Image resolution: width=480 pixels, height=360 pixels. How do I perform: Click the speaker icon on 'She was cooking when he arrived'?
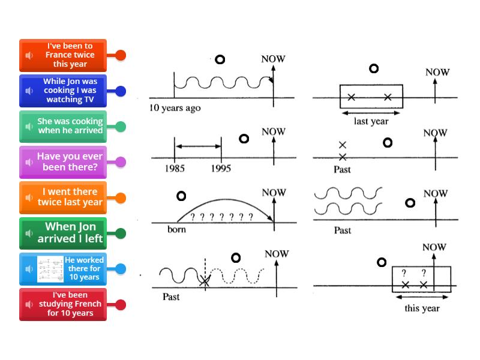[28, 127]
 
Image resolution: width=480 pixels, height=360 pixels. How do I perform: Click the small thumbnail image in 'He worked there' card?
[50, 269]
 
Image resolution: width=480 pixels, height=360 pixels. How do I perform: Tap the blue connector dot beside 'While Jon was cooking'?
[121, 91]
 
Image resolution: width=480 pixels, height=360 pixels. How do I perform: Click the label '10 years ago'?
[175, 109]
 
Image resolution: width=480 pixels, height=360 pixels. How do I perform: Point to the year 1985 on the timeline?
[175, 169]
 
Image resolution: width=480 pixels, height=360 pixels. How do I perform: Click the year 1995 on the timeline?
[221, 169]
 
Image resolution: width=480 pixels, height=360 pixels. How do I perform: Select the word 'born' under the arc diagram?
[176, 229]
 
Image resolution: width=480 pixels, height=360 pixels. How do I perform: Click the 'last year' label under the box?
[371, 121]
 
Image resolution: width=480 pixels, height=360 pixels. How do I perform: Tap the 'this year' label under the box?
[422, 308]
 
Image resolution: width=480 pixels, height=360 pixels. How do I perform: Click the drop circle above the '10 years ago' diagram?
[220, 59]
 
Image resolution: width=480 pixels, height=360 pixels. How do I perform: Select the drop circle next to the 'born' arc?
[181, 196]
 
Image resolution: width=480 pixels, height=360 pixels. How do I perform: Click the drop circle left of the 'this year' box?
[381, 262]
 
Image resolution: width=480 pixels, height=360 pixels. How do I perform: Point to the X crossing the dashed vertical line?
[205, 280]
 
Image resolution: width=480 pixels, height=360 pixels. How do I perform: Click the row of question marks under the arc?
[221, 217]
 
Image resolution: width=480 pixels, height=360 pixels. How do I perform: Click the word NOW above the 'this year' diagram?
[434, 247]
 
